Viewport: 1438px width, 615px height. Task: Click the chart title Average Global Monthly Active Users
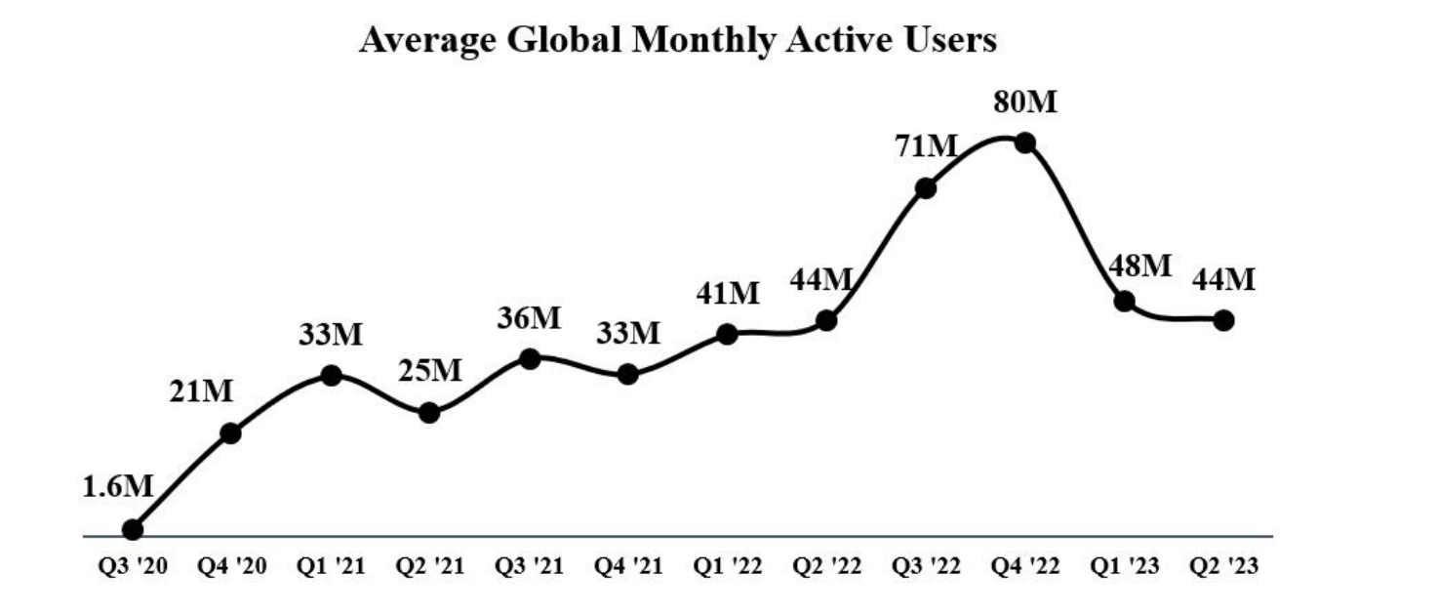(x=677, y=40)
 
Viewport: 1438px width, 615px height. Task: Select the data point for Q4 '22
(x=1025, y=143)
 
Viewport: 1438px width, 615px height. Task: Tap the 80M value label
(x=1025, y=102)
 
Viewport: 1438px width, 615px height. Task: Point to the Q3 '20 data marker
(x=134, y=529)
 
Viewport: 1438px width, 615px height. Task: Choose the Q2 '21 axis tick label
(x=429, y=567)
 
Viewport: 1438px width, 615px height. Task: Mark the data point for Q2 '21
(x=429, y=413)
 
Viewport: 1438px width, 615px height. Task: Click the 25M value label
(x=430, y=371)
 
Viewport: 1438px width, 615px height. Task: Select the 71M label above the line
(x=926, y=147)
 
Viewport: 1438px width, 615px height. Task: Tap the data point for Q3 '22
(x=926, y=187)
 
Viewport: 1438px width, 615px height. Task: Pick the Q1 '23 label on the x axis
(x=1124, y=567)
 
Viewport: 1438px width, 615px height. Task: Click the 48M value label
(x=1138, y=266)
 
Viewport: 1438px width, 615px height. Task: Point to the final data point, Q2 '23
(x=1223, y=320)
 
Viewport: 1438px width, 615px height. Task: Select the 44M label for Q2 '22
(x=821, y=279)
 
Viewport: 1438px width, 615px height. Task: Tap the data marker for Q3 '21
(x=530, y=358)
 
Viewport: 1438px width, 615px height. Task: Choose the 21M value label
(x=202, y=392)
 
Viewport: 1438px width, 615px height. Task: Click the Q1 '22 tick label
(x=728, y=567)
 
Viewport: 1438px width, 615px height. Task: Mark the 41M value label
(x=728, y=293)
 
